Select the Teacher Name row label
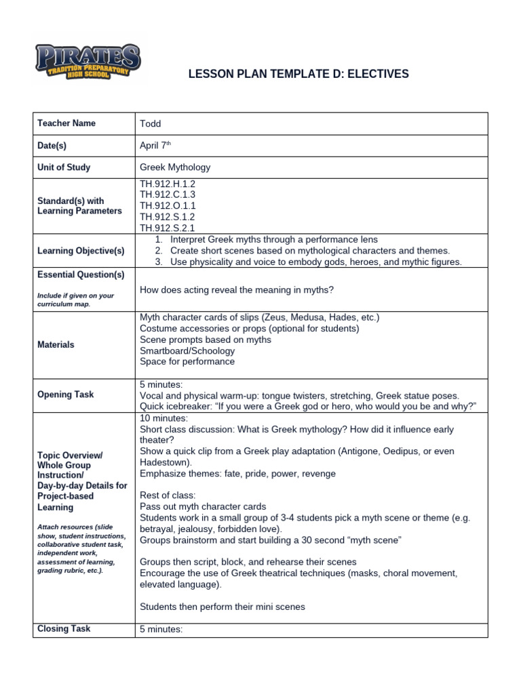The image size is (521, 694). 66,123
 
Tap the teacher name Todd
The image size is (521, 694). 151,123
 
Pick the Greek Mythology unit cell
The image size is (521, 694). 175,167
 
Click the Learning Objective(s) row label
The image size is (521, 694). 81,251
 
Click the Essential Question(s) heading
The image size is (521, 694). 81,274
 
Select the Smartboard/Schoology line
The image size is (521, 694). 187,350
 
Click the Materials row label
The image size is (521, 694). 56,344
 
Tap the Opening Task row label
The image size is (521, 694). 66,394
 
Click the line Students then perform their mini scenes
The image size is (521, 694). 222,607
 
